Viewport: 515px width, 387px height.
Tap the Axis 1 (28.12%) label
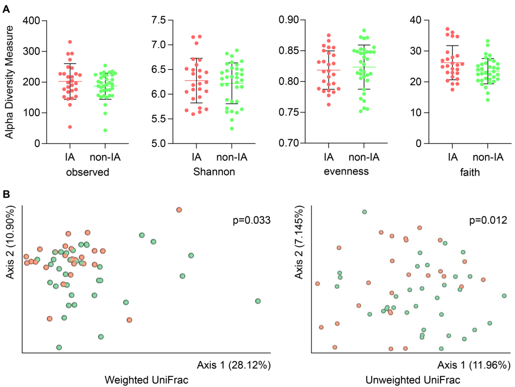[x=233, y=365]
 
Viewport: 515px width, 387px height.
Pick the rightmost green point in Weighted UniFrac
[x=258, y=301]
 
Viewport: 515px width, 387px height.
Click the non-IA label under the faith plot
[x=485, y=157]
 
